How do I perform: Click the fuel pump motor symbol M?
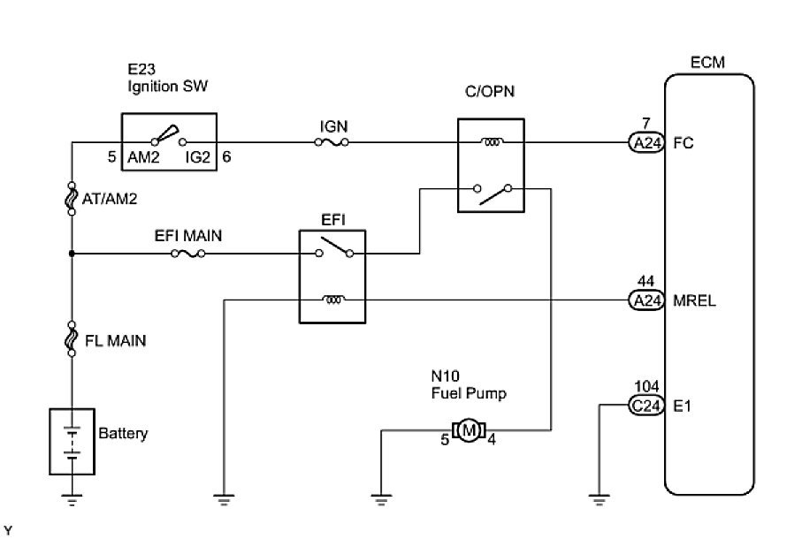coord(469,430)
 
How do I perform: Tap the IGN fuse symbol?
coord(333,141)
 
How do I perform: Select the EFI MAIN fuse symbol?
coord(189,254)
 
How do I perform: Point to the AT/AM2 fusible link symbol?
coord(72,199)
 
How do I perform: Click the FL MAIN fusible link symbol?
coord(72,340)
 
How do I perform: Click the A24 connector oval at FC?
coord(645,142)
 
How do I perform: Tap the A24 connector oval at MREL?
coord(645,300)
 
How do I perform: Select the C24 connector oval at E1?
coord(645,406)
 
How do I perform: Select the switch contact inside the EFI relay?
coord(333,250)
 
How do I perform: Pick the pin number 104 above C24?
coord(647,388)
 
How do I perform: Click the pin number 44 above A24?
coord(645,283)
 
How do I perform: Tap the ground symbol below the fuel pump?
coord(381,499)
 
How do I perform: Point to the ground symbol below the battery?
coord(72,499)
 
